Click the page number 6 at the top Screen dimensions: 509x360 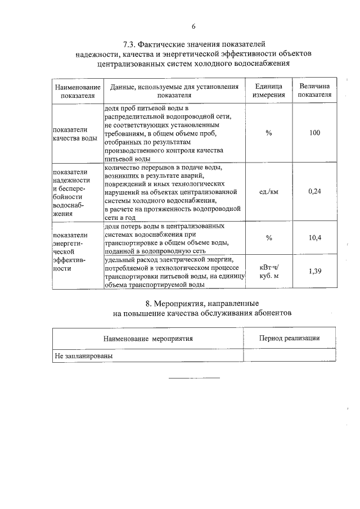click(193, 26)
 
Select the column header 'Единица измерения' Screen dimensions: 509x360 click(269, 91)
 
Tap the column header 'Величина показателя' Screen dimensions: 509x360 click(315, 91)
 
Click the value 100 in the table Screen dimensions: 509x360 click(315, 133)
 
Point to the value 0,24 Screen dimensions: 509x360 click(315, 191)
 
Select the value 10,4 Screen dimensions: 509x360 click(315, 238)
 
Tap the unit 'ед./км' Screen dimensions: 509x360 click(269, 191)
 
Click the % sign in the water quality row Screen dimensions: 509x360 click(269, 133)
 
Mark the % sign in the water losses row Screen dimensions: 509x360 click(269, 238)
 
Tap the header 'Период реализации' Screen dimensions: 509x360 click(289, 338)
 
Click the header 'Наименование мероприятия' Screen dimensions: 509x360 click(148, 339)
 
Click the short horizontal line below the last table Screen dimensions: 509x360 click(194, 377)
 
